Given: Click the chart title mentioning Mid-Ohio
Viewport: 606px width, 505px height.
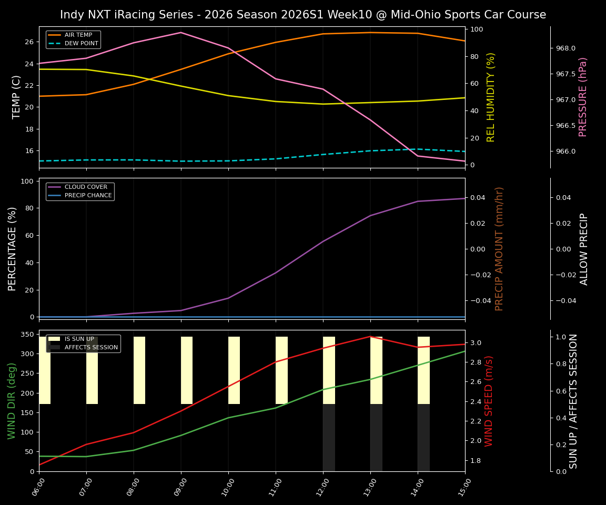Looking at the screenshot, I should click(303, 15).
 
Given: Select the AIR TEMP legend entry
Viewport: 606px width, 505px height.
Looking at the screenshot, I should click(78, 35).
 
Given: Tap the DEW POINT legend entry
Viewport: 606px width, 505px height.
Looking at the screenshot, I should click(81, 43).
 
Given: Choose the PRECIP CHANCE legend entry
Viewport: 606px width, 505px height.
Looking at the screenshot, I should click(88, 196).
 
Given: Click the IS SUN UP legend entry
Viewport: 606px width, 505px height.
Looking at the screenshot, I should click(79, 339).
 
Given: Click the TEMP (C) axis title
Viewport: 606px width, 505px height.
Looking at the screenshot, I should click(16, 97).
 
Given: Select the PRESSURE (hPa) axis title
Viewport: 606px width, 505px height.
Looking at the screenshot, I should click(583, 97).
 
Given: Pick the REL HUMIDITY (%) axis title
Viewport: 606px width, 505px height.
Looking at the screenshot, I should click(491, 97).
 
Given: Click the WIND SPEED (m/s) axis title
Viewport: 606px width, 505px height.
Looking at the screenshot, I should click(489, 401).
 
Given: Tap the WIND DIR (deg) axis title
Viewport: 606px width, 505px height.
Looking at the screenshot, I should click(12, 401).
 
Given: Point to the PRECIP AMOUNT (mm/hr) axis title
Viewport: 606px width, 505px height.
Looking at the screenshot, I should click(499, 248).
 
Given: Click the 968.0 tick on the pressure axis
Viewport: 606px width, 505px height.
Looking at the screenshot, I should click(565, 48).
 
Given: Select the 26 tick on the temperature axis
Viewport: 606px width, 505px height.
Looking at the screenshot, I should click(29, 42).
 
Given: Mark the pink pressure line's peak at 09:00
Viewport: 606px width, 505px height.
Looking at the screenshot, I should click(181, 33).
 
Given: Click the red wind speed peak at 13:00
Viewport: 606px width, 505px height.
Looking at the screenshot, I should click(370, 337).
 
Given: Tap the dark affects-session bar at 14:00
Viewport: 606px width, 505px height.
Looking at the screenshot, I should click(423, 438).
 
